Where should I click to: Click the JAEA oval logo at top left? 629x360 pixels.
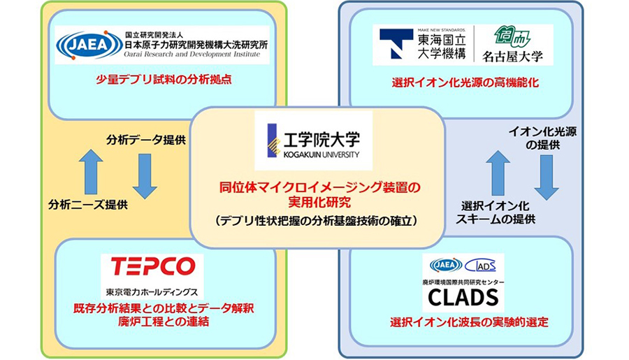pyautogui.click(x=80, y=44)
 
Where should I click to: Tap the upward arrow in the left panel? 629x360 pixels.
pyautogui.click(x=91, y=172)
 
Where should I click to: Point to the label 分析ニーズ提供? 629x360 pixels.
pyautogui.click(x=88, y=205)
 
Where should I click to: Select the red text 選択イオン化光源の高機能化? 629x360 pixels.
pyautogui.click(x=465, y=83)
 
